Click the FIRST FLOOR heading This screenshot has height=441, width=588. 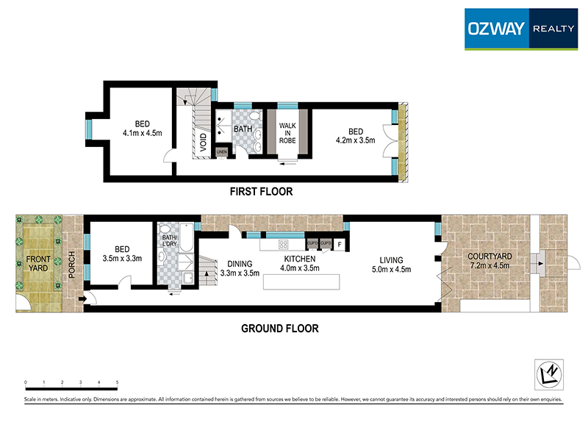pyautogui.click(x=262, y=192)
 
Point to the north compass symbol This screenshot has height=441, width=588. pyautogui.click(x=546, y=374)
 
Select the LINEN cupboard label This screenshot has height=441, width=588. pyautogui.click(x=222, y=152)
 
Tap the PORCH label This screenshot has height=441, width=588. pyautogui.click(x=72, y=263)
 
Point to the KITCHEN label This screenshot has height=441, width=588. pyautogui.click(x=300, y=259)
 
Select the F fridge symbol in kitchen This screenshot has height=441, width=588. pyautogui.click(x=340, y=243)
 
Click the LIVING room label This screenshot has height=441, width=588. pyautogui.click(x=391, y=259)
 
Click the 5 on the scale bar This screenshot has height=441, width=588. pyautogui.click(x=118, y=383)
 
